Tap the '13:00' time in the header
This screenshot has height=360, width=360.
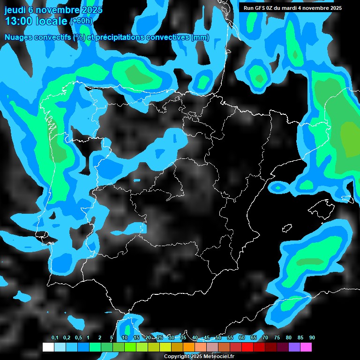(17, 21)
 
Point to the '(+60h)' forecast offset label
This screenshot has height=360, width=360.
(82, 21)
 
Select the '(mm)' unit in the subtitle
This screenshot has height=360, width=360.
(201, 37)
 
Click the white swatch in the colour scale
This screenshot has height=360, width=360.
(48, 347)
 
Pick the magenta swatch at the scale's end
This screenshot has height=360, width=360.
(306, 347)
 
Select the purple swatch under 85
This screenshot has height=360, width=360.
(294, 347)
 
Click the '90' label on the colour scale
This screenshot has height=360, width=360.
(312, 338)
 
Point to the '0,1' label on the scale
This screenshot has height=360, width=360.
(55, 338)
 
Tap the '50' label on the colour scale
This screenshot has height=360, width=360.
(218, 338)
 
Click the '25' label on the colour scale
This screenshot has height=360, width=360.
(160, 338)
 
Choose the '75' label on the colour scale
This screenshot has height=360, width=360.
(277, 338)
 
